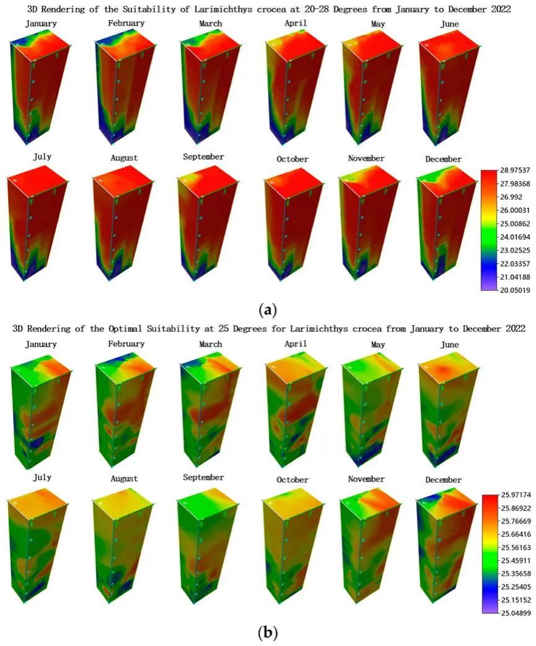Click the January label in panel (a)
coord(41,24)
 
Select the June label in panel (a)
coord(447,24)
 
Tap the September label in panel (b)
coord(203,477)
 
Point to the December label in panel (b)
coord(444,480)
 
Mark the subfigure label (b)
coord(268,632)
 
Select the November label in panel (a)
coord(366,158)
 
